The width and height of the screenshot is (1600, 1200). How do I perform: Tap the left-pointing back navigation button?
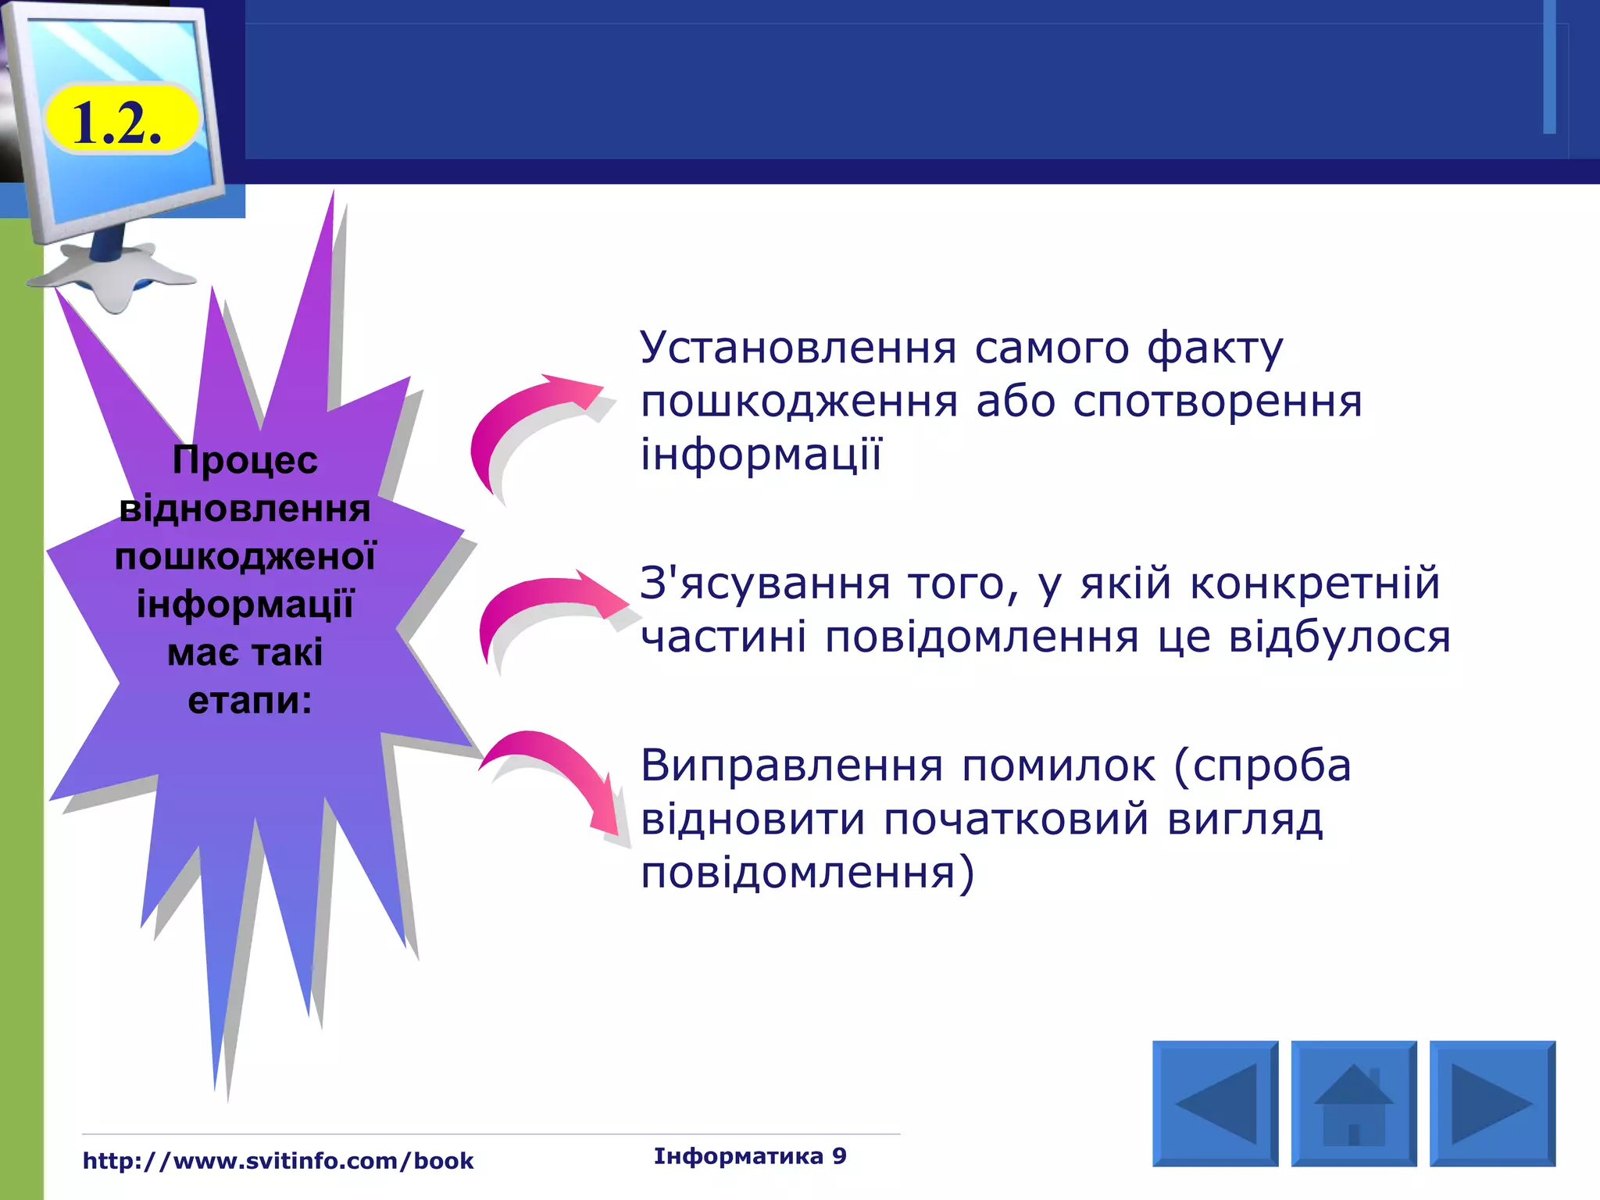point(1215,1103)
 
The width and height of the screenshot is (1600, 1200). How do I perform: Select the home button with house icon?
point(1353,1103)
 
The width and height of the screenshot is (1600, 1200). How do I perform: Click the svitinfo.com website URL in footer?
point(278,1161)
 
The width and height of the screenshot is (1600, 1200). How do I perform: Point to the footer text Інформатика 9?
point(750,1155)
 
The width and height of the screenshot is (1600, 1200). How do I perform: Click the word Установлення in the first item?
point(798,348)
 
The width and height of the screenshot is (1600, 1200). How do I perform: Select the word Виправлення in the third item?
point(791,766)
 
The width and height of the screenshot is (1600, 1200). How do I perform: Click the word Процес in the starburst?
point(245,460)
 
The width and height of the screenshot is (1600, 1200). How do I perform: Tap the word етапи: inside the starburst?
point(249,701)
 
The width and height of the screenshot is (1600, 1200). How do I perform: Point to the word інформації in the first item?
point(761,455)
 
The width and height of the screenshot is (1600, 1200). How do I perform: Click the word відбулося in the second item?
point(1339,637)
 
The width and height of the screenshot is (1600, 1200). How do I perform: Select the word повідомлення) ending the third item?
point(807,873)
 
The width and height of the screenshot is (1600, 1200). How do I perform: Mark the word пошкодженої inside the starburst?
point(245,557)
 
